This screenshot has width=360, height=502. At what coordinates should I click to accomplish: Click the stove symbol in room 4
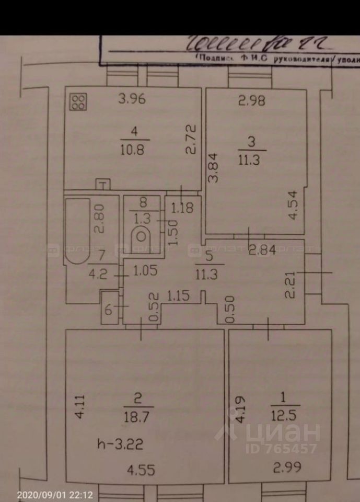(79, 102)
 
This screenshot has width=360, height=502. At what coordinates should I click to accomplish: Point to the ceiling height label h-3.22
(120, 444)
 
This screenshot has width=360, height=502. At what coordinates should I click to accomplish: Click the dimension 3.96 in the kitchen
(131, 98)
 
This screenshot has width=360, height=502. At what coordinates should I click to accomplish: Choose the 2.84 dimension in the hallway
(262, 249)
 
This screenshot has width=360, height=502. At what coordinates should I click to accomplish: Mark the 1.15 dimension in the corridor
(179, 296)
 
